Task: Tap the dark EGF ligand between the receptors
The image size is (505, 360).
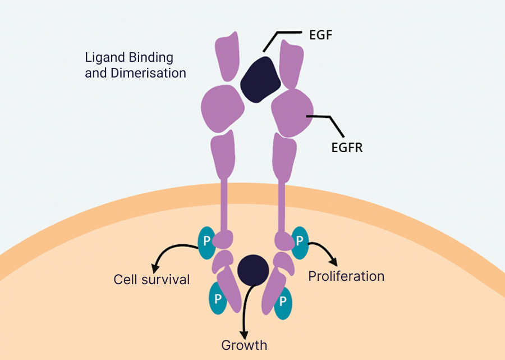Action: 260,80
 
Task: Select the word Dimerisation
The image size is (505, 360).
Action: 150,73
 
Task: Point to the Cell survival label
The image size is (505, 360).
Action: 151,279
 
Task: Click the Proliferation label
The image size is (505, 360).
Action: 346,276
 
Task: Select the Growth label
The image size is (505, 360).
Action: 244,345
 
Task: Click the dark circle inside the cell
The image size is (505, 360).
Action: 252,270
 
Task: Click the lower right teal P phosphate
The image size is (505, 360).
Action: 283,300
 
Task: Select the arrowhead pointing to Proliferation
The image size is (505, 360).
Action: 334,261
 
